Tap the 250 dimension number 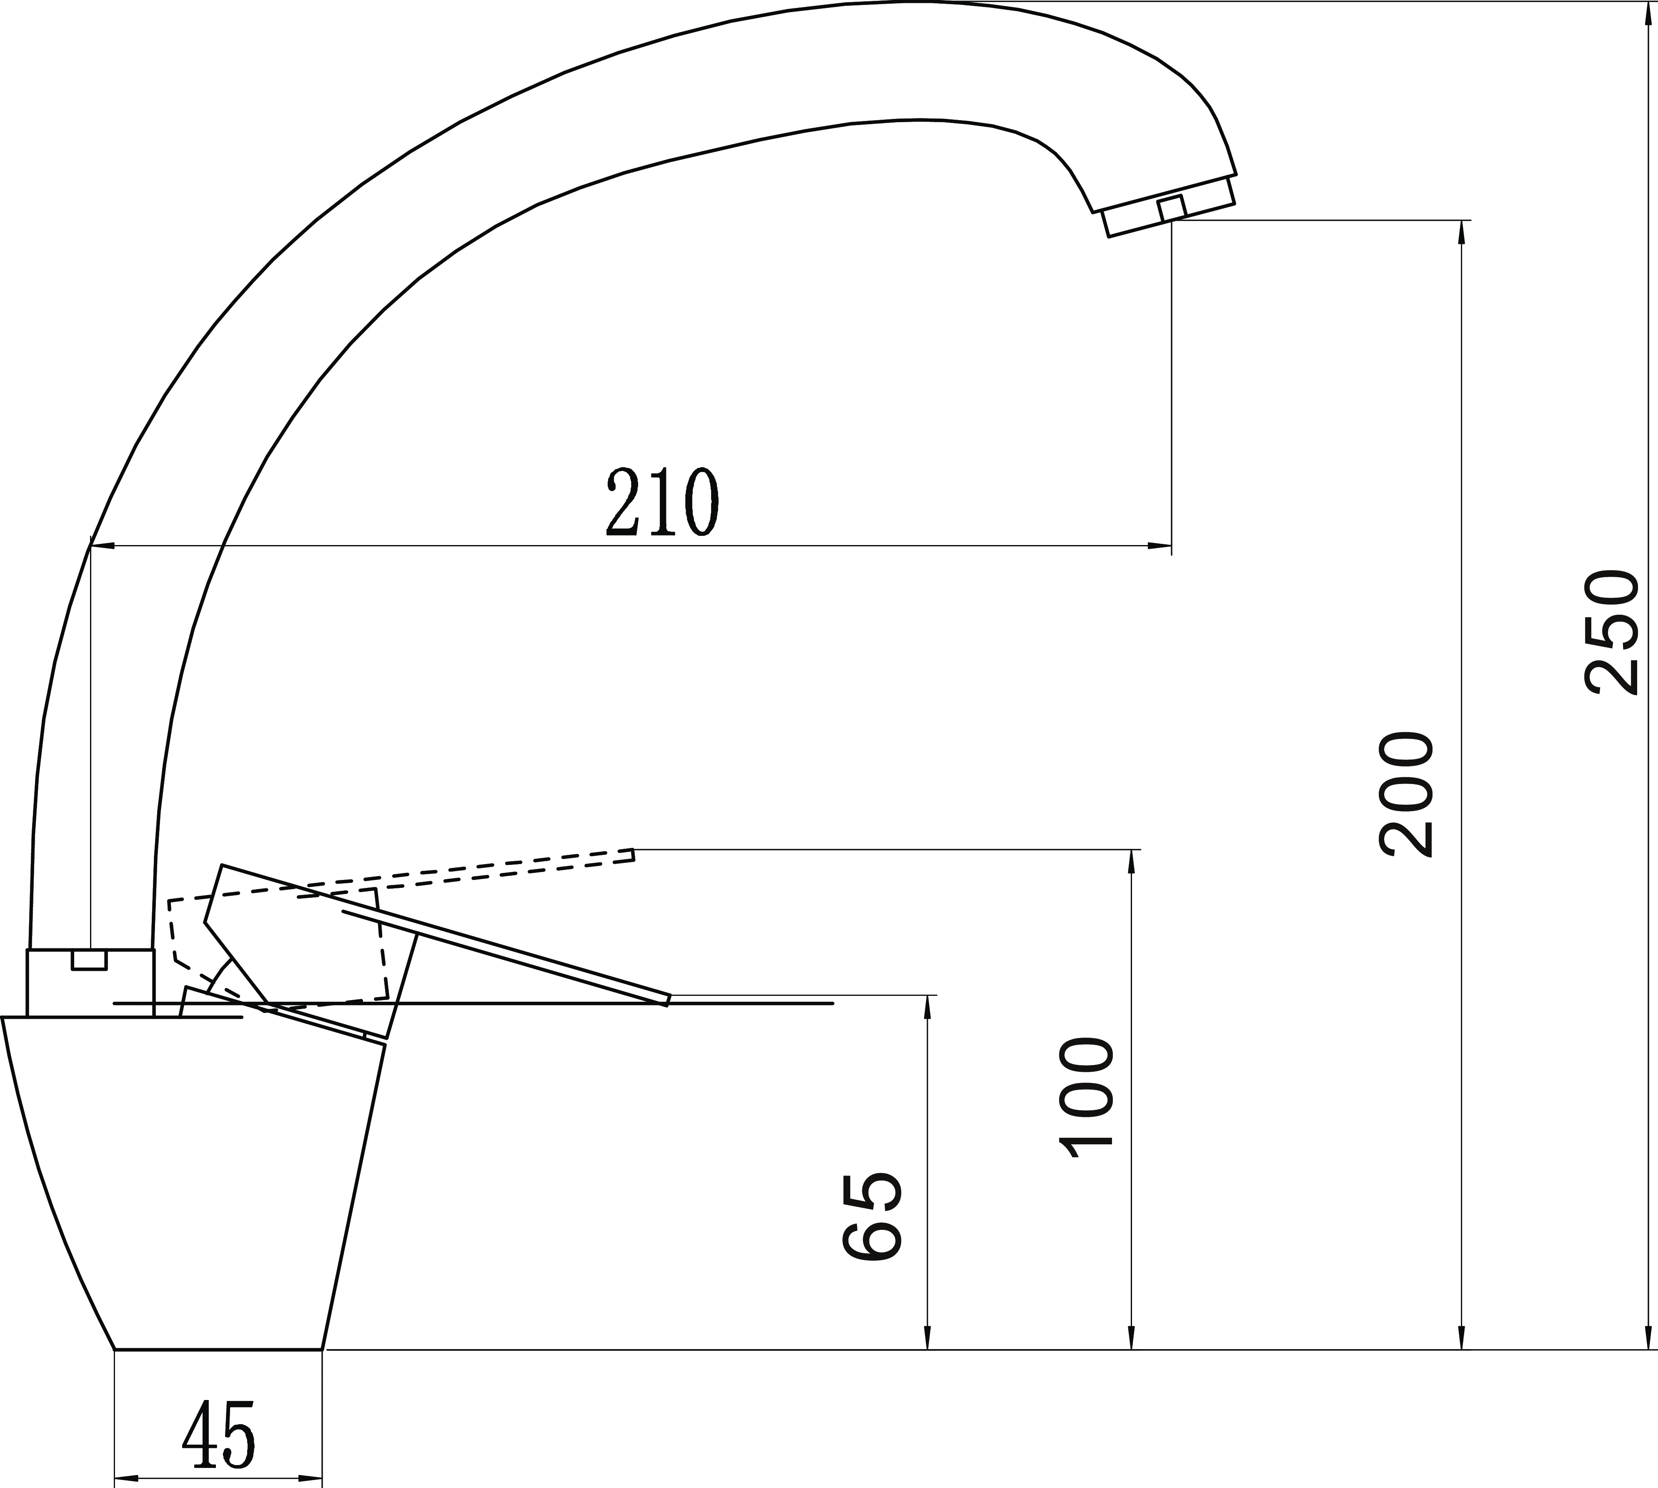[x=1611, y=632]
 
